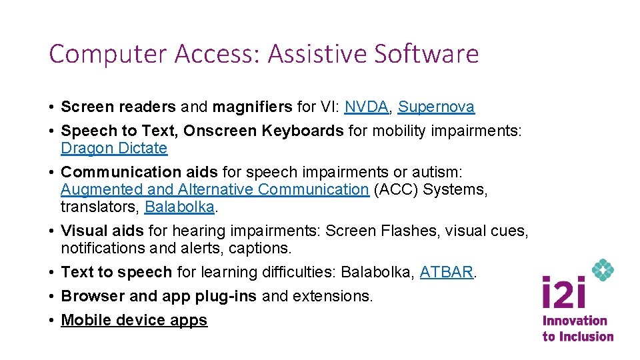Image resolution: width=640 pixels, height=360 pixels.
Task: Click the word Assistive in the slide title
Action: coord(317,54)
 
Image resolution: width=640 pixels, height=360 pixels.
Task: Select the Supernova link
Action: coord(436,107)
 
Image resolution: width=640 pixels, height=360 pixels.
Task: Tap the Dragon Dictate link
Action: coord(114,148)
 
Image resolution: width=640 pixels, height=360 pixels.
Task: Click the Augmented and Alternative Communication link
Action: coord(214,189)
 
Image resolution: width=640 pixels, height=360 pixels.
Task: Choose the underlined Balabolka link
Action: coord(179,207)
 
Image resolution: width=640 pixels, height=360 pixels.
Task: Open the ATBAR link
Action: coord(446,272)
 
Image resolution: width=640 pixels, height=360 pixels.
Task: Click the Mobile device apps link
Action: coord(134,320)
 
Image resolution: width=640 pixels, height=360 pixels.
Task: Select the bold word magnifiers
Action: coord(251,107)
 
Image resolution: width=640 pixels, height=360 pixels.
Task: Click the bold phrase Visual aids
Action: coord(102,231)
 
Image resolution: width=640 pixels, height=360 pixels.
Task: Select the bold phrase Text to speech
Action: coord(117,272)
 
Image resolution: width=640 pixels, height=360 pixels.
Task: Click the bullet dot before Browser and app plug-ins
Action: coord(51,296)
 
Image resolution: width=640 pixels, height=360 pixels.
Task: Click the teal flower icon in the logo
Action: coord(603,270)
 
